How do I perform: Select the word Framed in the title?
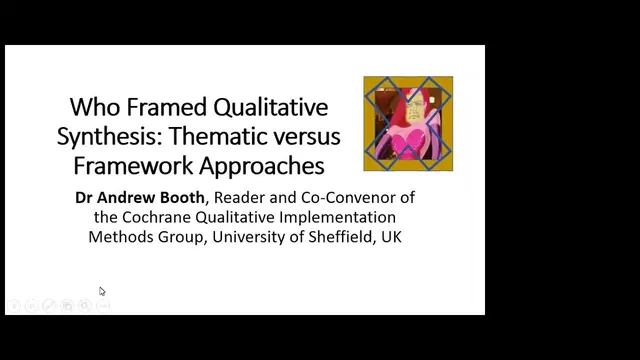click(164, 108)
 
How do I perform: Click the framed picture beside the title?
click(407, 123)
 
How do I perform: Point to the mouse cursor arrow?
click(102, 291)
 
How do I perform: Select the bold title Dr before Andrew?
click(86, 197)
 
